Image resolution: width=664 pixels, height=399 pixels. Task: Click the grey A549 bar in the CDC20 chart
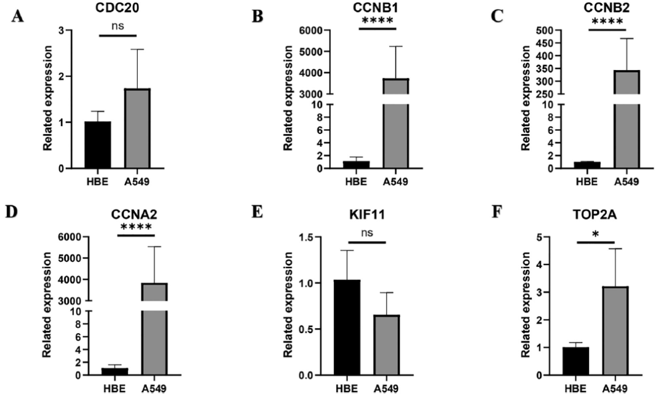(x=141, y=128)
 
